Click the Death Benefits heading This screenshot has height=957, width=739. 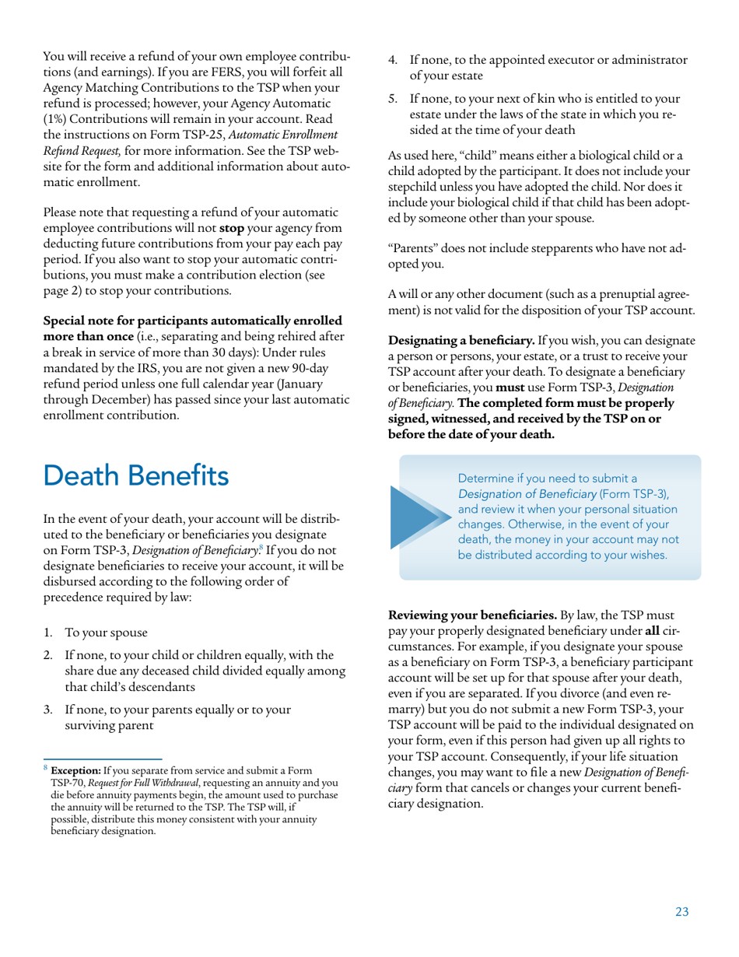click(136, 474)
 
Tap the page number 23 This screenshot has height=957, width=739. click(681, 912)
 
